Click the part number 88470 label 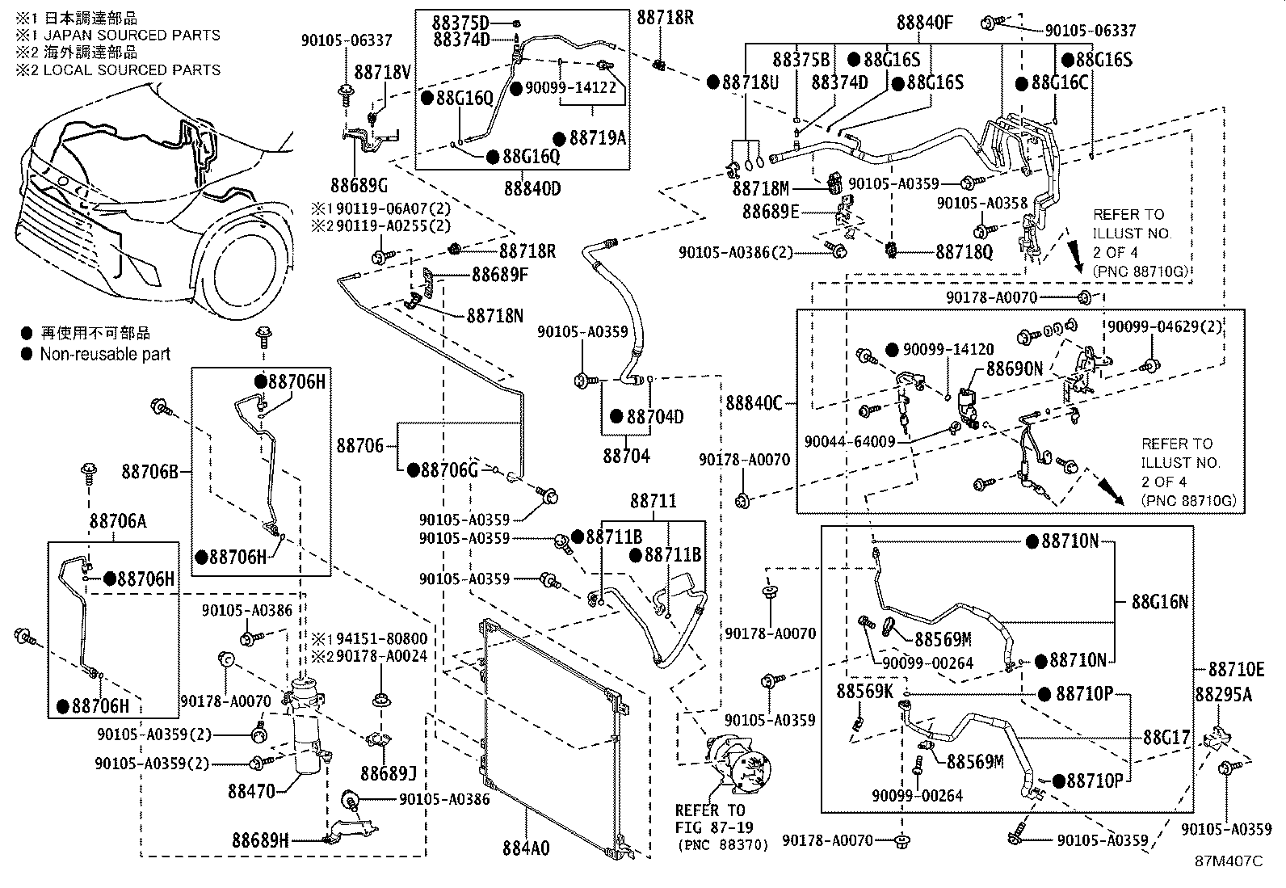coord(251,792)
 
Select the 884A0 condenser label coord(526,848)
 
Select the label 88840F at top coord(925,23)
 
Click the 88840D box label coord(532,188)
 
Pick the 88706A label coord(118,522)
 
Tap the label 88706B coord(150,470)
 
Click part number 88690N coord(1014,368)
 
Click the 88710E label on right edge coord(1236,670)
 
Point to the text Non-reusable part coord(105,354)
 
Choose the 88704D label coord(655,417)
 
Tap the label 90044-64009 coord(850,442)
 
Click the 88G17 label coord(1166,737)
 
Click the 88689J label coord(389,773)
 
